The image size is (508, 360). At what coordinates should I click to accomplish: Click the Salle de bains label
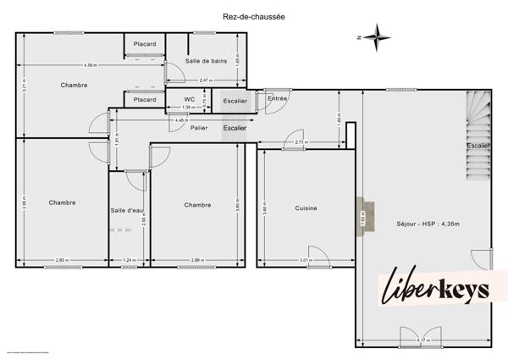click(x=207, y=61)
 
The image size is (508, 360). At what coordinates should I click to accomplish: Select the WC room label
click(x=189, y=99)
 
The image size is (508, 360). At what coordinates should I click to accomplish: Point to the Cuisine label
click(x=306, y=207)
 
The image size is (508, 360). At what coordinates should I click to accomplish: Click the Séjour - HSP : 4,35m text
click(x=428, y=224)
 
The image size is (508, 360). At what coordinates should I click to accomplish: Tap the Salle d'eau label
click(x=129, y=209)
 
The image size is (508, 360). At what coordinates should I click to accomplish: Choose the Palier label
click(x=199, y=128)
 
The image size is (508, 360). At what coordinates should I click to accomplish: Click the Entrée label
click(x=278, y=100)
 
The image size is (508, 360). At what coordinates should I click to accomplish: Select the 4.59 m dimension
click(x=90, y=65)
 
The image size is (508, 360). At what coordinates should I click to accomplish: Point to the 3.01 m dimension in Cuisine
click(x=306, y=260)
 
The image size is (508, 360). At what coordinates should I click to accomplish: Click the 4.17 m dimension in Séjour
click(x=423, y=341)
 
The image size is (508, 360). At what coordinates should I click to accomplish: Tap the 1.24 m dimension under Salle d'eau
click(x=129, y=260)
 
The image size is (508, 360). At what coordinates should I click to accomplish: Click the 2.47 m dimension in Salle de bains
click(x=205, y=80)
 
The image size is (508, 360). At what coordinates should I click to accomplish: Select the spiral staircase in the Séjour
click(x=478, y=136)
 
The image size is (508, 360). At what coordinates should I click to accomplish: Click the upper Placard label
click(x=144, y=44)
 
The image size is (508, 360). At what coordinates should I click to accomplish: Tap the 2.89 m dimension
click(x=196, y=260)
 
